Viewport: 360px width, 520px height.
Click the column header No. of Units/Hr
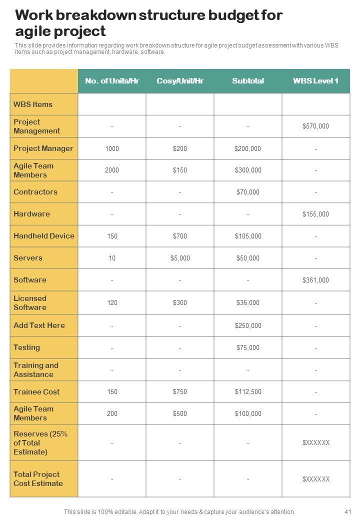(x=112, y=81)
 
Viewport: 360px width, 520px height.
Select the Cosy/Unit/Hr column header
(x=180, y=81)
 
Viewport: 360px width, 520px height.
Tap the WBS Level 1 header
(x=315, y=81)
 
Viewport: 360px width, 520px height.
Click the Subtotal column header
(x=248, y=81)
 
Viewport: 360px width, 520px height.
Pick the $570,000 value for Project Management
(x=315, y=126)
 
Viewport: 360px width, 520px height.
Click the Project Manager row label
(x=43, y=148)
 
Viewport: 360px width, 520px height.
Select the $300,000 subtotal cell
(x=248, y=170)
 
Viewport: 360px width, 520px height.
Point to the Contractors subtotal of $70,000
(x=248, y=192)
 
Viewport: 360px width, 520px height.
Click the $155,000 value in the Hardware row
(x=315, y=214)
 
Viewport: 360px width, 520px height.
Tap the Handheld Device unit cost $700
(x=180, y=236)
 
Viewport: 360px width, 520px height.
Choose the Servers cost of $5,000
(x=180, y=258)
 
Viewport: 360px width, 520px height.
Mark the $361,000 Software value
(x=315, y=280)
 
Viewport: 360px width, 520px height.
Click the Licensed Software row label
(x=30, y=303)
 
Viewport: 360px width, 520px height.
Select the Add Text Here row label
(x=39, y=325)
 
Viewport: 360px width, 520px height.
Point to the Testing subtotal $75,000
(x=248, y=348)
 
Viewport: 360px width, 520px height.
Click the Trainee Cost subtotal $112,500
(x=248, y=392)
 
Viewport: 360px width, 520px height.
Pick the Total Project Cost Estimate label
(x=38, y=479)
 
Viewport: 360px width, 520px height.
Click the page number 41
(x=348, y=512)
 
